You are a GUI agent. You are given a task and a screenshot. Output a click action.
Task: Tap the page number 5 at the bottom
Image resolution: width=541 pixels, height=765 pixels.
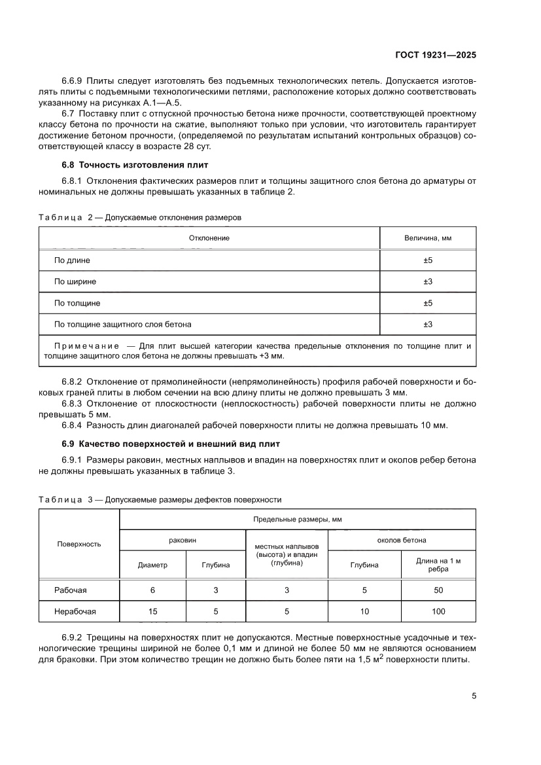click(474, 696)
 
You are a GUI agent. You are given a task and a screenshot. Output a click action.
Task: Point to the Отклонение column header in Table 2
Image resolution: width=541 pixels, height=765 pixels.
click(209, 238)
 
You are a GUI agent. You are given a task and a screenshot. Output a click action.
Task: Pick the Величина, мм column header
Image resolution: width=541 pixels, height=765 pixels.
click(428, 238)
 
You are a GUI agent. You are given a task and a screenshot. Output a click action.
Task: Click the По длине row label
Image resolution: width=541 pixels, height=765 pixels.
click(72, 260)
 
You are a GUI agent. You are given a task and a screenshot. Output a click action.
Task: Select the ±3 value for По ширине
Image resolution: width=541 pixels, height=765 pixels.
click(428, 282)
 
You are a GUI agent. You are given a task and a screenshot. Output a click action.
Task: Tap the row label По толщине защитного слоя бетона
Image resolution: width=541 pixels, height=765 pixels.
click(122, 325)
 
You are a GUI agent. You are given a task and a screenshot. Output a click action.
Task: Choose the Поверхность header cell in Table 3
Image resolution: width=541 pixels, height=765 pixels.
click(79, 544)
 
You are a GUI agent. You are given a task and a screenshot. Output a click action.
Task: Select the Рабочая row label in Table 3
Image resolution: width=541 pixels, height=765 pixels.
click(71, 590)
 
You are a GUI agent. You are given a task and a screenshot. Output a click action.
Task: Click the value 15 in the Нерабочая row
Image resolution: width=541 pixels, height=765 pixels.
click(152, 612)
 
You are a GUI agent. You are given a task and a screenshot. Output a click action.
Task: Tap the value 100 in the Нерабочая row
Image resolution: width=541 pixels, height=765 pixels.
click(438, 612)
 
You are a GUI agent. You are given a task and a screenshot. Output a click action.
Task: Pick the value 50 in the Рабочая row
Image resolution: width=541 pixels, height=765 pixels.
click(438, 590)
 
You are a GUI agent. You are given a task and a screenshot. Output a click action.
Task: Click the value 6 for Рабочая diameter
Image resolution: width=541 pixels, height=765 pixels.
click(152, 590)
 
